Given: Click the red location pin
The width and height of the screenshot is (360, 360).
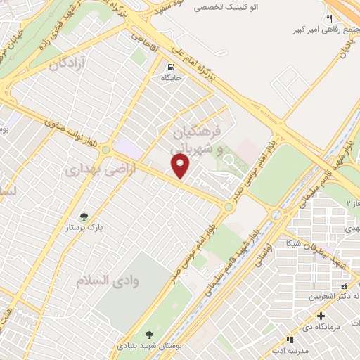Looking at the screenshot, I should point(181,166).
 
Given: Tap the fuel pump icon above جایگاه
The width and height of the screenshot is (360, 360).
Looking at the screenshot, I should point(170,68).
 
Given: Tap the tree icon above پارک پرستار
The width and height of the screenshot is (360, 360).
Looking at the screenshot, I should point(84,217).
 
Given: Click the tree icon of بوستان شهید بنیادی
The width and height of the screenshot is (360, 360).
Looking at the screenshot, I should point(148,335).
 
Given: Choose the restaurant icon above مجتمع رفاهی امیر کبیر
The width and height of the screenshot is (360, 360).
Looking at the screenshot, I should point(328,18).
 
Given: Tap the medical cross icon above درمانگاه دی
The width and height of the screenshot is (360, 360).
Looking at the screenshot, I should point(321,316).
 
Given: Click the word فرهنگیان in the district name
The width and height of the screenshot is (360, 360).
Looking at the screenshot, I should point(196,132).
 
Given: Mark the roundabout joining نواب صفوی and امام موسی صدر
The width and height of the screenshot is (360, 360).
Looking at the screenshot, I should point(229,207).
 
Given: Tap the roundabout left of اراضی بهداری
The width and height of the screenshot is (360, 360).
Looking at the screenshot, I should point(105,149).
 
